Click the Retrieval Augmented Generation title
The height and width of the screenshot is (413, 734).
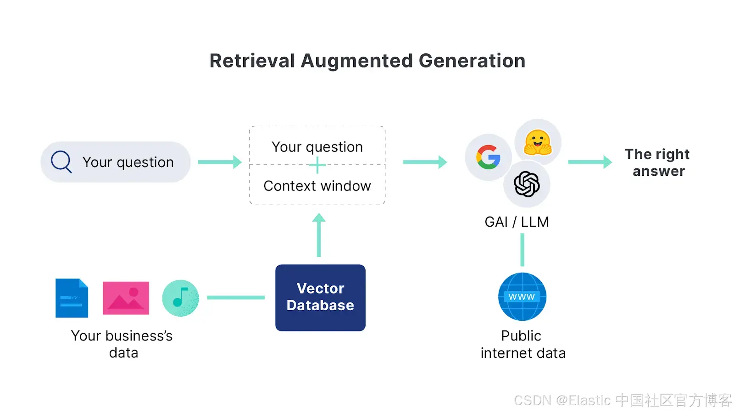[367, 61]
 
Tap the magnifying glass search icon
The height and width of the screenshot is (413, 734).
[61, 162]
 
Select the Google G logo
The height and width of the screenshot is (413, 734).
[488, 157]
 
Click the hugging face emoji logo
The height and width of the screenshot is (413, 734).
[538, 142]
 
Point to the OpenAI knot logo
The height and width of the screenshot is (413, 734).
[527, 184]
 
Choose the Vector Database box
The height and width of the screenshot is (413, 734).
[320, 297]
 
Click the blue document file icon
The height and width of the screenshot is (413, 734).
[72, 298]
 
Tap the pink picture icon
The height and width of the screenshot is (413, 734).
[126, 298]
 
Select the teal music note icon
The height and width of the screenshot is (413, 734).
[180, 298]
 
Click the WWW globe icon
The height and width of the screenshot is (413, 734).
[522, 297]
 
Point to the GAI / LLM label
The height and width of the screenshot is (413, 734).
[517, 222]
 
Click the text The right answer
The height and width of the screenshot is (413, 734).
[657, 162]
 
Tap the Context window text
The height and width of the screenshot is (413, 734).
[317, 186]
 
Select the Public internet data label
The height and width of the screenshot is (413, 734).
[523, 344]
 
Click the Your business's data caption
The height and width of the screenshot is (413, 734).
[122, 344]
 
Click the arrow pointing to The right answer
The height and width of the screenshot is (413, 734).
[590, 162]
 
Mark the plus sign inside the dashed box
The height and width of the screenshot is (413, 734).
[317, 165]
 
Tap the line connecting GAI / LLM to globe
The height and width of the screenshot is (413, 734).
[522, 250]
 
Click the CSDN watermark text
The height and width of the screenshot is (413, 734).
[622, 400]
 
